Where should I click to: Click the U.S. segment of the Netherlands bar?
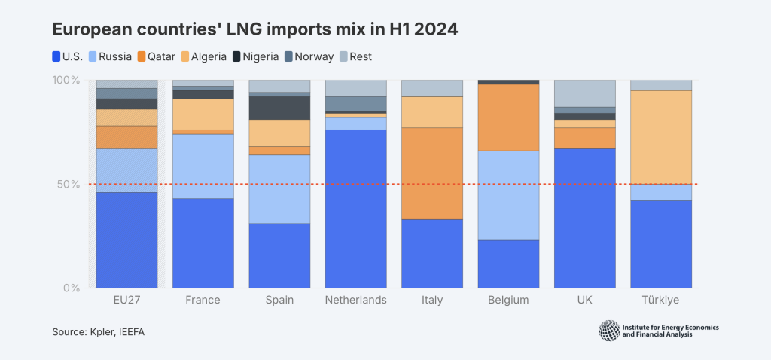point(355,209)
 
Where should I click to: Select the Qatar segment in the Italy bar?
point(432,173)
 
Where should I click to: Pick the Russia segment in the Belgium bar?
point(508,195)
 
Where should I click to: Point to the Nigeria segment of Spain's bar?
point(279,108)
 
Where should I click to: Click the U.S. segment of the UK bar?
point(584,218)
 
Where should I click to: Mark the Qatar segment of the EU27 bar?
point(127,137)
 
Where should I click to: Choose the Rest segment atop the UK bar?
point(584,93)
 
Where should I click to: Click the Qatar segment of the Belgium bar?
point(508,117)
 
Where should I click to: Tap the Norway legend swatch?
point(287,56)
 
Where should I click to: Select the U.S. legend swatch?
point(56,56)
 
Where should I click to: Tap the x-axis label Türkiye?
point(660,300)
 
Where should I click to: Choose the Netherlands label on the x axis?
point(355,300)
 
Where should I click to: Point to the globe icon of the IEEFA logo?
point(609,331)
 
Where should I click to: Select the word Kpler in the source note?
point(105,332)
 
